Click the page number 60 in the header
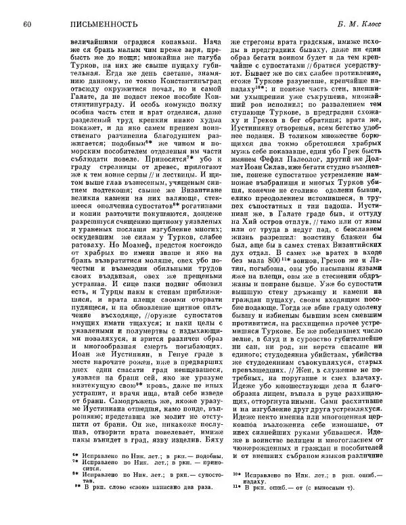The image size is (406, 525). click(x=26, y=26)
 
